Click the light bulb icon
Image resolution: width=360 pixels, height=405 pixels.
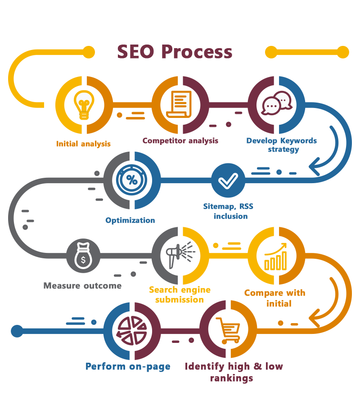coord(84,105)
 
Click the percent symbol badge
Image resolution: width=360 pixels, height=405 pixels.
coord(132,180)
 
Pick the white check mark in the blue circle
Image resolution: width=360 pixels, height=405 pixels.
coord(228,180)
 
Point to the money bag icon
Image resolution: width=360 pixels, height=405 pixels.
coord(83,256)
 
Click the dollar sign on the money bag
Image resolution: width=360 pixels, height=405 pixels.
coord(83,260)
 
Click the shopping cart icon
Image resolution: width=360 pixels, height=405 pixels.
coord(228,330)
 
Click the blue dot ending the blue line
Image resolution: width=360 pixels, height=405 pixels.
coord(17,331)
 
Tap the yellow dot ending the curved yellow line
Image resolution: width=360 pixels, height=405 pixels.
coord(89,52)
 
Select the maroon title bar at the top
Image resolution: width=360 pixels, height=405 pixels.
coord(175,52)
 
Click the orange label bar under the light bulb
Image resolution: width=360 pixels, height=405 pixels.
coord(84,144)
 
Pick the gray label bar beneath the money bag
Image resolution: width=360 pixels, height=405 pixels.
coord(82,285)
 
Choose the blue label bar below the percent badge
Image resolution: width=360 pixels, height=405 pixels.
coord(130,220)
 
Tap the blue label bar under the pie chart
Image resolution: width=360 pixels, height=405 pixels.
coord(128,367)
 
